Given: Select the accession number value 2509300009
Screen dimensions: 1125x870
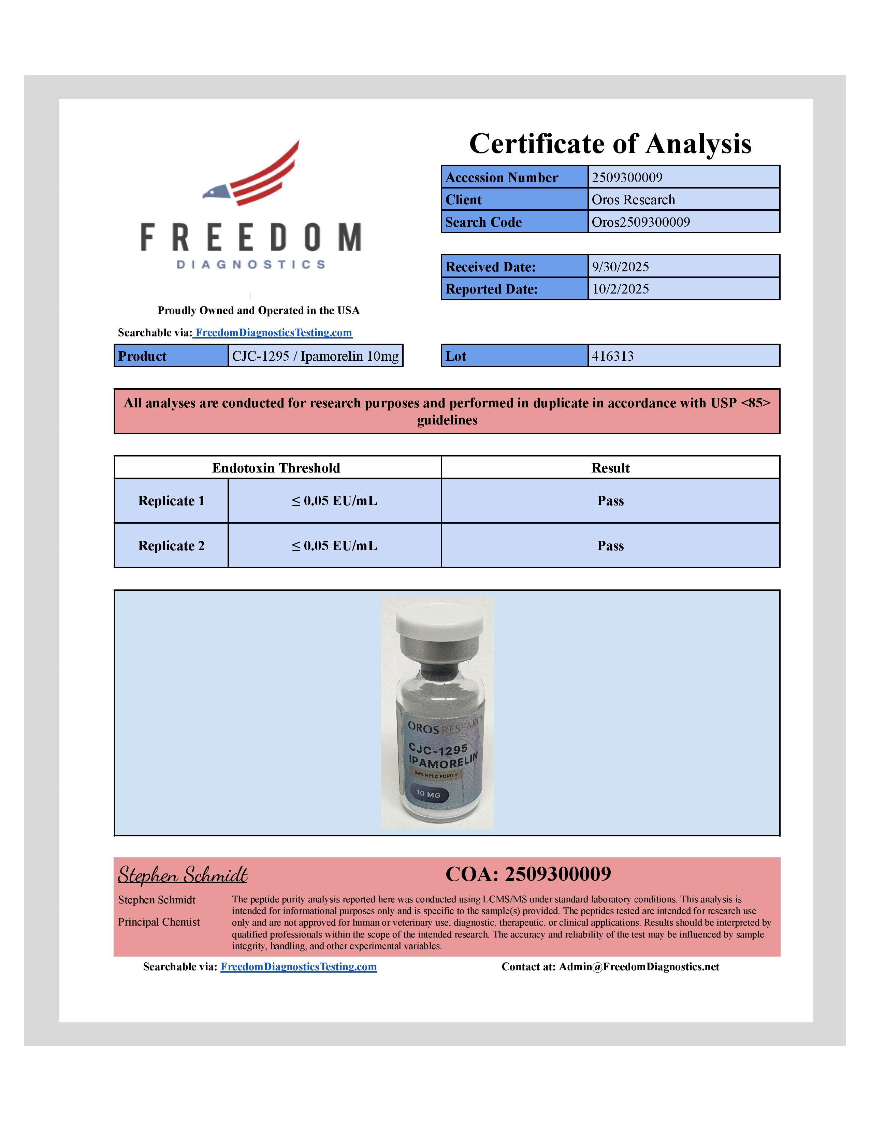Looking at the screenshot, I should [x=627, y=177].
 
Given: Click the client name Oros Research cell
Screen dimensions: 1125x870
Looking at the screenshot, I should [x=633, y=199].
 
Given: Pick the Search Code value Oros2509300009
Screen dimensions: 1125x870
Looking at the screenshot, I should [x=641, y=222].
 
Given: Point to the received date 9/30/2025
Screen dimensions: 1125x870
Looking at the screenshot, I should [x=620, y=267].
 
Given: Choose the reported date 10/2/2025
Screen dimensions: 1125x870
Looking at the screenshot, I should [x=620, y=289].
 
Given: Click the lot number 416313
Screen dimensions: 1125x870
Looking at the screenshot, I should [x=612, y=356].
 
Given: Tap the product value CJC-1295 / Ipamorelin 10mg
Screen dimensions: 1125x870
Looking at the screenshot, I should [x=315, y=356].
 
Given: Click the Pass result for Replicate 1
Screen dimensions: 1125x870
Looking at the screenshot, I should [x=610, y=501].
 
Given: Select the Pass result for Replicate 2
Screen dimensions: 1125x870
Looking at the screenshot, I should [x=610, y=545].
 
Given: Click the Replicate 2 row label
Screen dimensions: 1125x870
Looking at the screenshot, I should [x=171, y=545].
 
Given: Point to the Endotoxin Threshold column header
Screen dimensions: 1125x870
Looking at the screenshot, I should [x=276, y=468].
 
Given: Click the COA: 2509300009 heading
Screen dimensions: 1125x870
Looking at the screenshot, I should [x=528, y=874].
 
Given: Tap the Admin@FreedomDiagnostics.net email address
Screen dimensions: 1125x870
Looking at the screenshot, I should [x=639, y=967].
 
